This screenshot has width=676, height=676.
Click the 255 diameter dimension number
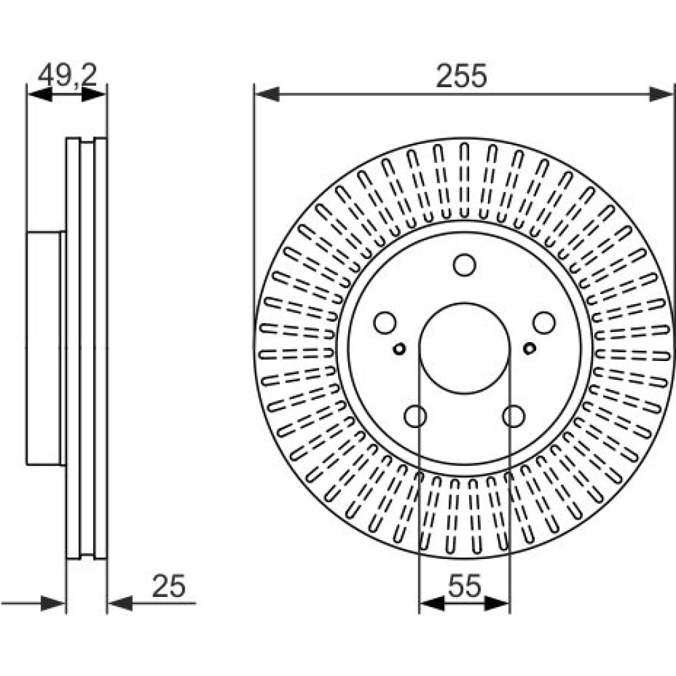(x=461, y=76)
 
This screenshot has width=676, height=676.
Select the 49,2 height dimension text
(x=68, y=76)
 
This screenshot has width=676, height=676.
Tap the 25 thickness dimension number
(x=168, y=586)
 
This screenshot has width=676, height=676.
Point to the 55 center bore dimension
(x=464, y=586)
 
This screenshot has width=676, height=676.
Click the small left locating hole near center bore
(x=400, y=348)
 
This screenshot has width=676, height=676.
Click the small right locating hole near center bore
(x=529, y=348)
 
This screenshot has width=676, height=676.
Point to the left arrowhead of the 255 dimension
(x=267, y=94)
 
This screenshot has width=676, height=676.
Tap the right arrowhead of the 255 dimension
(x=661, y=94)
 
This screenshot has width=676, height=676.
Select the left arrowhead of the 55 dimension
(x=431, y=604)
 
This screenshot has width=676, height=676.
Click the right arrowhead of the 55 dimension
(x=498, y=604)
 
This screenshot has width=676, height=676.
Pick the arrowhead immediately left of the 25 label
(x=120, y=604)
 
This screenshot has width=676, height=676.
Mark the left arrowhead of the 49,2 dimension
(x=40, y=94)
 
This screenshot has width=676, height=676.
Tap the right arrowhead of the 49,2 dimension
(x=93, y=94)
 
